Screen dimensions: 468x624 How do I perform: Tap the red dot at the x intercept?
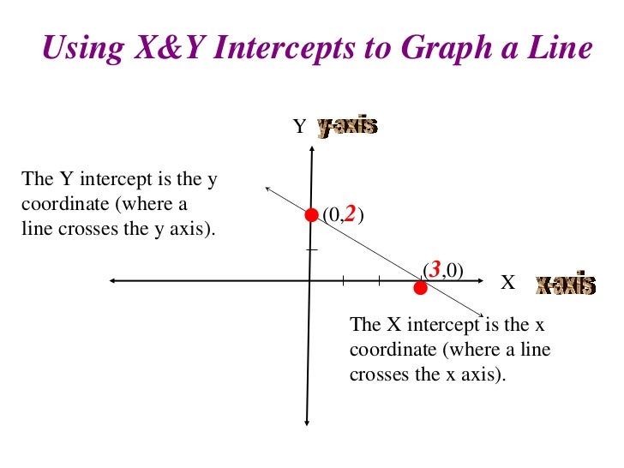tap(420, 288)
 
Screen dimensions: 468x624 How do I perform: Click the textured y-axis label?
tap(347, 127)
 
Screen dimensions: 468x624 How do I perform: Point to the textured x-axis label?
tap(564, 285)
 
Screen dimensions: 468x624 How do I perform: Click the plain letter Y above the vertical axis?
tap(299, 127)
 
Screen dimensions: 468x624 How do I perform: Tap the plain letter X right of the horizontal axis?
tap(507, 283)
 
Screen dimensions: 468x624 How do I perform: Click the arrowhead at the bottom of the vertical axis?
tap(308, 420)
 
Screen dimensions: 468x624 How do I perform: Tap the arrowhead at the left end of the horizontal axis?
tap(114, 280)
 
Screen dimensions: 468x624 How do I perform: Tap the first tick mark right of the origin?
tap(343, 280)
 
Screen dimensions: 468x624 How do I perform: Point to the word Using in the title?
tap(74, 49)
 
